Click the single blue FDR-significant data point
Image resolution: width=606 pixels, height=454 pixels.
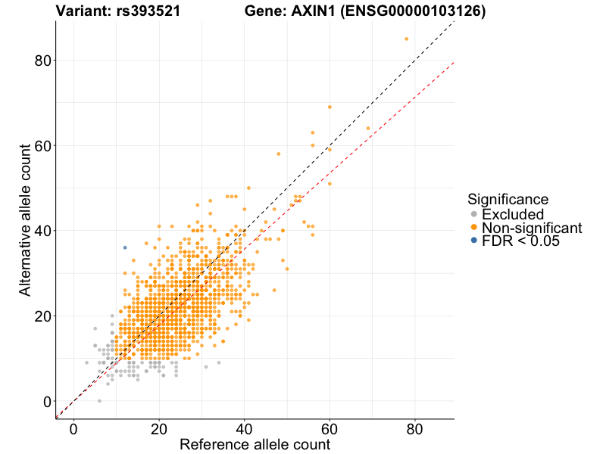click(x=125, y=247)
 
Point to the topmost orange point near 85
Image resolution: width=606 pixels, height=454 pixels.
click(x=407, y=39)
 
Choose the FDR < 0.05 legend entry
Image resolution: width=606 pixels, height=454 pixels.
click(x=520, y=241)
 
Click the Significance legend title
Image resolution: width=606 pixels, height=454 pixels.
click(x=508, y=199)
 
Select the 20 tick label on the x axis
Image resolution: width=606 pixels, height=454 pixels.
click(x=159, y=428)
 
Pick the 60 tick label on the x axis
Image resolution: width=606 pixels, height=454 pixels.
click(x=330, y=428)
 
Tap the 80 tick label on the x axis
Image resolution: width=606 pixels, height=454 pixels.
click(x=415, y=428)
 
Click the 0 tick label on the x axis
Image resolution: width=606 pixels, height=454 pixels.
click(x=73, y=428)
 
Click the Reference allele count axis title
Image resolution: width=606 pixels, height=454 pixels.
click(x=255, y=444)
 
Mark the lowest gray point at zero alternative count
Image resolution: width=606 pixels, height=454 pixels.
click(x=99, y=401)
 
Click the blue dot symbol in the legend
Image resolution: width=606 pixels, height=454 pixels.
click(x=474, y=241)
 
